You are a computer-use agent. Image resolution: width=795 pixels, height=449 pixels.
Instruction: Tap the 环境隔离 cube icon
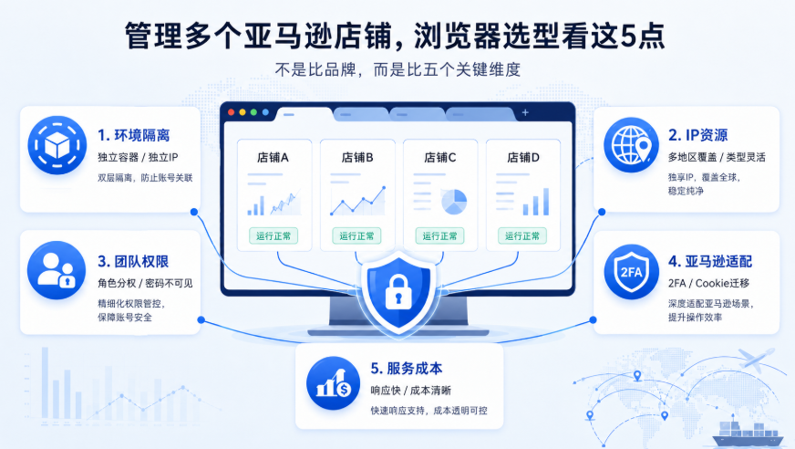pyautogui.click(x=57, y=145)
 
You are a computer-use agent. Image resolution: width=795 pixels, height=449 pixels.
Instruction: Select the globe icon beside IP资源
pyautogui.click(x=631, y=144)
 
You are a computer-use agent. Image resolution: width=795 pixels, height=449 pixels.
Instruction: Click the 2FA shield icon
pyautogui.click(x=631, y=271)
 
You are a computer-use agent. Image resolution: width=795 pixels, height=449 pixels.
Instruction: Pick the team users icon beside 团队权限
pyautogui.click(x=57, y=270)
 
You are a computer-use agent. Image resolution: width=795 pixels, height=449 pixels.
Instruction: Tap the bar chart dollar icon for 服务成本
pyautogui.click(x=333, y=383)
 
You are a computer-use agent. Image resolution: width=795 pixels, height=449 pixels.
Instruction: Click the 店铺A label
pyautogui.click(x=273, y=158)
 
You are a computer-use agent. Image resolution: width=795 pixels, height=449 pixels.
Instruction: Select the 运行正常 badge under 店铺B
pyautogui.click(x=357, y=236)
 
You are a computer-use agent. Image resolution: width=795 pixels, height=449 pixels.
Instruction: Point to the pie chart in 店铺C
pyautogui.click(x=454, y=202)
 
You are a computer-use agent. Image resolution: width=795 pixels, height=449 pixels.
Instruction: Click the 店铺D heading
pyautogui.click(x=523, y=158)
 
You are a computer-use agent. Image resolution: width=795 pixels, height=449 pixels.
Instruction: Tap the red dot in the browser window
pyautogui.click(x=232, y=112)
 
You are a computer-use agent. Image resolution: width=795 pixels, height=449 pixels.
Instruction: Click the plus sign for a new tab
pyautogui.click(x=525, y=112)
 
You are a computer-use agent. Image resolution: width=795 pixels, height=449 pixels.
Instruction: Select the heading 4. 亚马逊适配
pyautogui.click(x=710, y=261)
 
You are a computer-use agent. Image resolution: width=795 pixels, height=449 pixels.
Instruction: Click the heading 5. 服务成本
pyautogui.click(x=407, y=369)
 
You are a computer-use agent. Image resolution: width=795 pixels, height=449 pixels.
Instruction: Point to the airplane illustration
pyautogui.click(x=757, y=358)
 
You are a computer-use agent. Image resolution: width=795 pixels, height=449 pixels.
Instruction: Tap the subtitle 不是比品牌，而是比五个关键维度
pyautogui.click(x=397, y=69)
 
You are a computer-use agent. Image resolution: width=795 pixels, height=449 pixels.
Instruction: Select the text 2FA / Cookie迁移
pyautogui.click(x=708, y=283)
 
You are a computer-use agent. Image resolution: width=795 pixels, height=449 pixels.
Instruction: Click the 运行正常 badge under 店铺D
pyautogui.click(x=522, y=236)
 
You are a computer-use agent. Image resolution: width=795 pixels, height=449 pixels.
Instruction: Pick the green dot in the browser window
pyautogui.click(x=253, y=112)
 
